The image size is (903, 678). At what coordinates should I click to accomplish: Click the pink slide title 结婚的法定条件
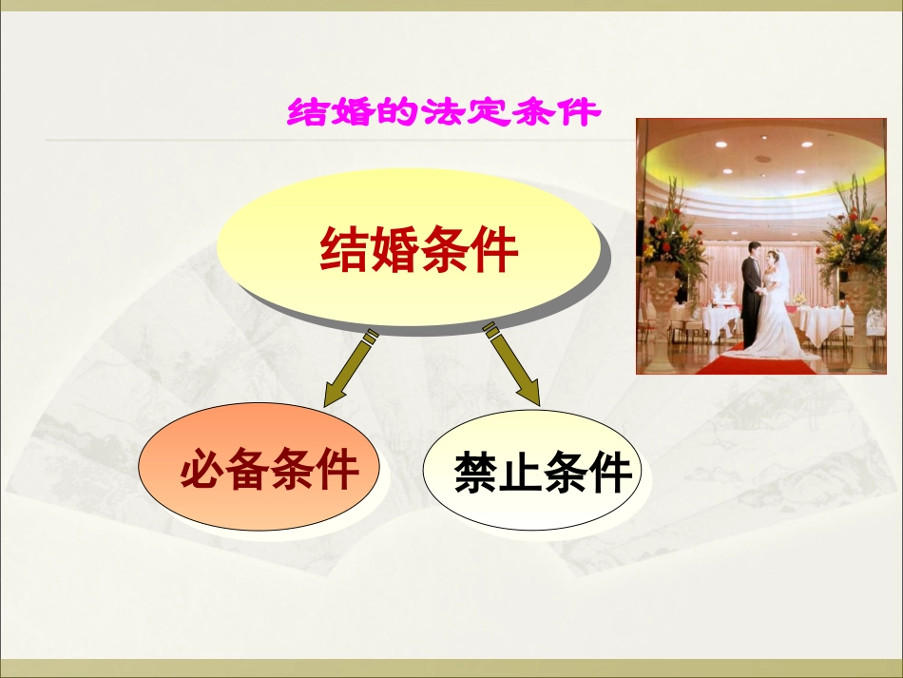[443, 112]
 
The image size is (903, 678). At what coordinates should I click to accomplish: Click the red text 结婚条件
[419, 251]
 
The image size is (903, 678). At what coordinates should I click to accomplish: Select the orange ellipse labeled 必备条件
[260, 471]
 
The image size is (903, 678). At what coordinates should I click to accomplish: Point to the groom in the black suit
[752, 295]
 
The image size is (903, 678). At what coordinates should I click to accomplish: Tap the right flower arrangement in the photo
[851, 233]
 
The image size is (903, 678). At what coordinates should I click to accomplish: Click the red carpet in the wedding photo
[751, 363]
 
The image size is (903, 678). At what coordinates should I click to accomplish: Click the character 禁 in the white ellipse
[476, 473]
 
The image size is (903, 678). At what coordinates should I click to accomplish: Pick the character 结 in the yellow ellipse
[345, 251]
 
